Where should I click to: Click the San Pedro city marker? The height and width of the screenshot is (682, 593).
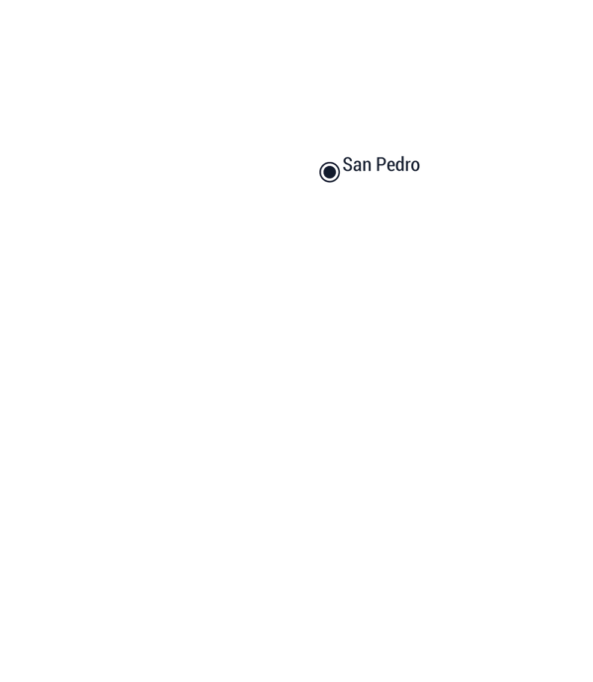point(329,172)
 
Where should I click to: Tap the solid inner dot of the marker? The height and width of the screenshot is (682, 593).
point(329,172)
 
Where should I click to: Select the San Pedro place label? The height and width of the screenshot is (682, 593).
point(381,164)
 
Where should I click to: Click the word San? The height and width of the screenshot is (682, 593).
point(357,164)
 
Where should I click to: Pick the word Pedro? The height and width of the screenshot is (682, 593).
point(398,164)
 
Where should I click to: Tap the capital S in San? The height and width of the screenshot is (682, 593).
point(347,164)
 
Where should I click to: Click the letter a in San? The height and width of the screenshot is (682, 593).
point(357,167)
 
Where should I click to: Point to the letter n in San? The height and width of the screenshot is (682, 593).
point(367,167)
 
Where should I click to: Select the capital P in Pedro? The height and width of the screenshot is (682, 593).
point(381,164)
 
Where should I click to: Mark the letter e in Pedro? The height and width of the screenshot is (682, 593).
point(391,167)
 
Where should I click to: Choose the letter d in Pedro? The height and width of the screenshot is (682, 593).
point(401,164)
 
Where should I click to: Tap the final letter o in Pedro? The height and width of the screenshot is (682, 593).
point(416,167)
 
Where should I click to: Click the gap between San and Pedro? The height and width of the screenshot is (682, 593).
point(374,164)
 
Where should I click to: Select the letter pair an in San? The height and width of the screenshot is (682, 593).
point(362,167)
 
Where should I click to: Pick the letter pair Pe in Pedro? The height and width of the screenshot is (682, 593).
point(386,164)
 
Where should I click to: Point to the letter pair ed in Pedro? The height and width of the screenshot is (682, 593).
point(396,164)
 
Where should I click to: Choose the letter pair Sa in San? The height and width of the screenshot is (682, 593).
point(353,164)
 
